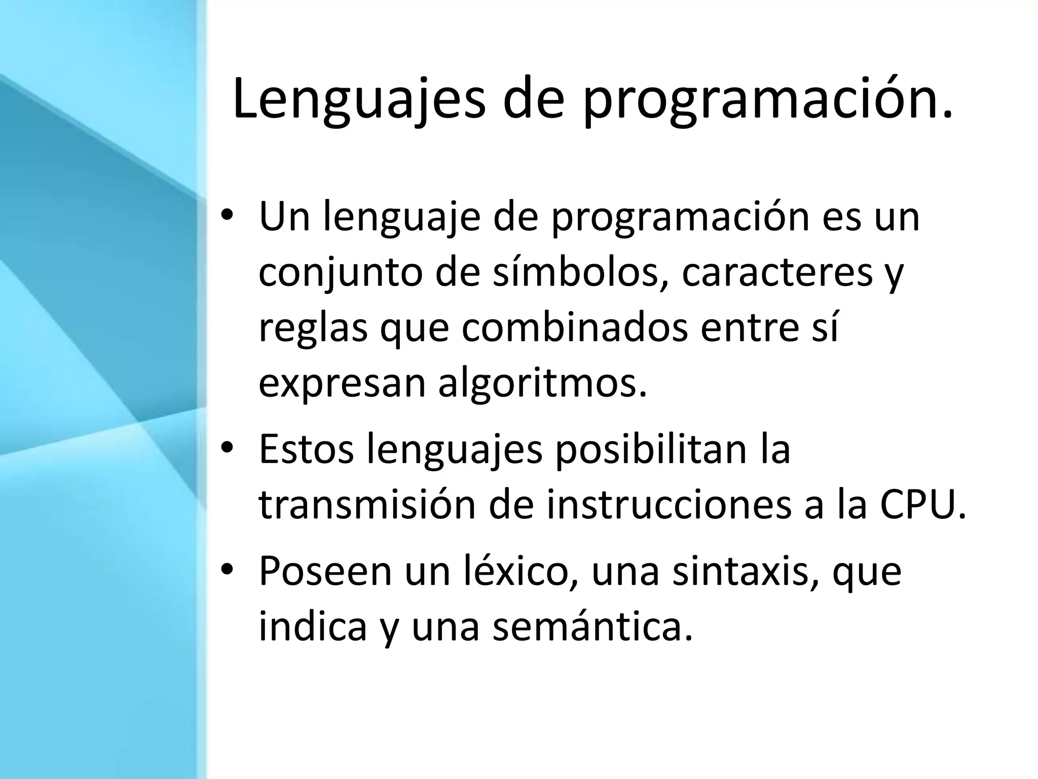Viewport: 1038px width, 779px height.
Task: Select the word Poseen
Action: (325, 572)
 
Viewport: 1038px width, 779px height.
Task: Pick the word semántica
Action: (592, 626)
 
